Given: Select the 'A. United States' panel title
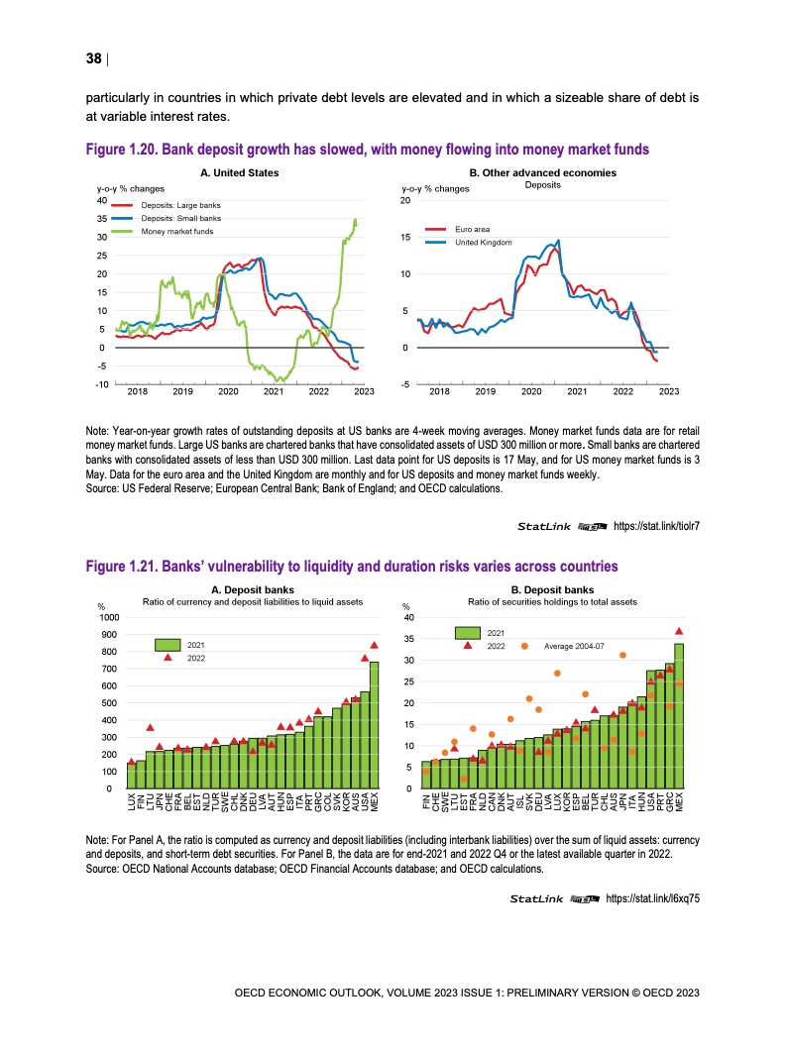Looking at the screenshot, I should [239, 173].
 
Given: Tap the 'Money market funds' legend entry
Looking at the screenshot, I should [176, 231].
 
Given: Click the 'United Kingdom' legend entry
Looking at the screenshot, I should [483, 243].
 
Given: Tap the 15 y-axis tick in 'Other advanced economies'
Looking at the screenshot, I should [406, 238].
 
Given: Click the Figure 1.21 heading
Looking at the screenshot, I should [352, 566].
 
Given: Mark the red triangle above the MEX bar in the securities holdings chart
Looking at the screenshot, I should [679, 631].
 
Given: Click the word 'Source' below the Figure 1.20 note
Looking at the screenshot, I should [101, 488].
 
